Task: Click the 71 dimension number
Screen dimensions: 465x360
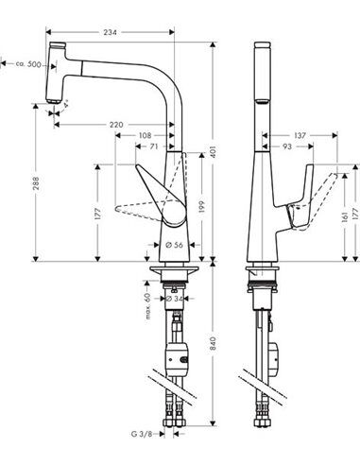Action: pos(154,147)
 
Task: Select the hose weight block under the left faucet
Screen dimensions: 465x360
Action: pos(177,359)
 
